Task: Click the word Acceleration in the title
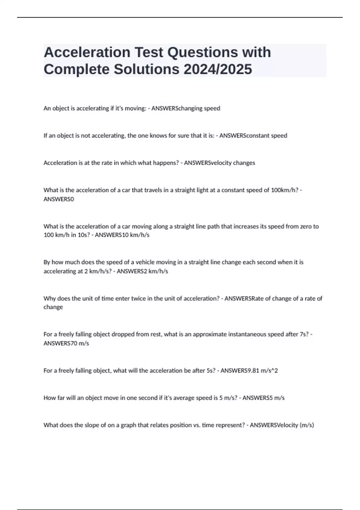[x=87, y=52]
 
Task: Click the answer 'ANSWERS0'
[x=58, y=199]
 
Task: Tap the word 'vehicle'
[x=145, y=262]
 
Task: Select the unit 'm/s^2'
[x=269, y=370]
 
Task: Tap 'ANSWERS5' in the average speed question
[x=257, y=398]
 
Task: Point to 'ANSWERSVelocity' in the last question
[x=274, y=425]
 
